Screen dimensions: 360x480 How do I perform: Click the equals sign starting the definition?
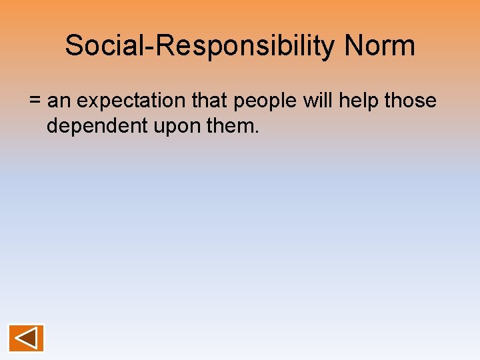pyautogui.click(x=35, y=102)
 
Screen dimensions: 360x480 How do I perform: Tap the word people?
pyautogui.click(x=264, y=101)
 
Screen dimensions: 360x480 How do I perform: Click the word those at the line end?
pyautogui.click(x=412, y=101)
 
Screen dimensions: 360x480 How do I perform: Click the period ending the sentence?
pyautogui.click(x=257, y=131)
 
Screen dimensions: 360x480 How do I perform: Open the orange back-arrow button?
pyautogui.click(x=27, y=338)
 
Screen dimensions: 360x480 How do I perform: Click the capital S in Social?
pyautogui.click(x=73, y=45)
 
